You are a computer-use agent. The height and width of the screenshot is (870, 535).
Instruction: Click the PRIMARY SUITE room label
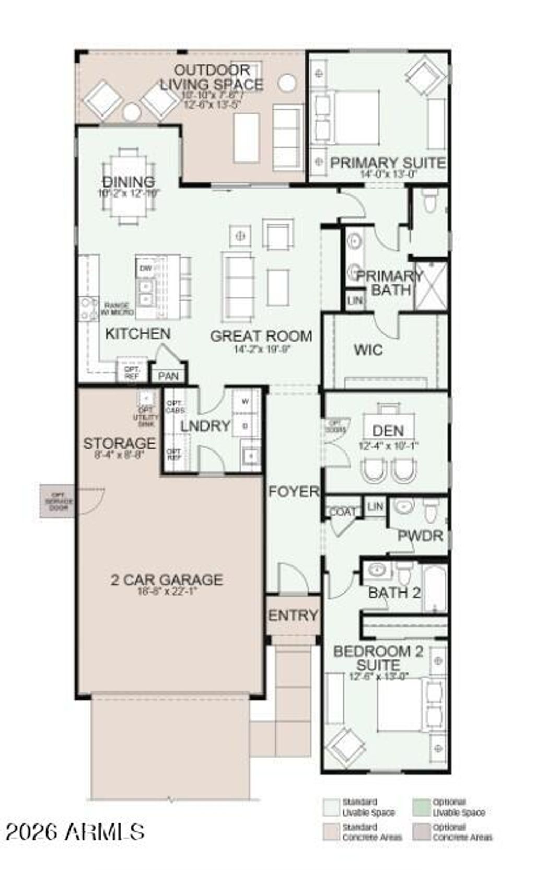388,163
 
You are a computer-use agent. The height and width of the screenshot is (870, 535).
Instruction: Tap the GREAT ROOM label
261,336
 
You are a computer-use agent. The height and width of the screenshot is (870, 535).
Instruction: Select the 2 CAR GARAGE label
167,579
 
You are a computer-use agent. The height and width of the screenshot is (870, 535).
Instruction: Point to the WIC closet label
368,350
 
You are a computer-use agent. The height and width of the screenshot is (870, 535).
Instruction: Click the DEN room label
388,431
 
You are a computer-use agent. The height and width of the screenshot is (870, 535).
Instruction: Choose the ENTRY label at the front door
293,615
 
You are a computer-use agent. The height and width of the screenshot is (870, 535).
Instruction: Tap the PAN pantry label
168,376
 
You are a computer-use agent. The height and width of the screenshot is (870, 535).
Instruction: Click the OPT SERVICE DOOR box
58,501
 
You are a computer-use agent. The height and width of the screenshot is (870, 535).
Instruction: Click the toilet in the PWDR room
430,511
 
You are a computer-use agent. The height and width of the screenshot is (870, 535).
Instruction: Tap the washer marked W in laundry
245,402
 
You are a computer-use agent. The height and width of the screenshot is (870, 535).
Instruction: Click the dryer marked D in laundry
245,426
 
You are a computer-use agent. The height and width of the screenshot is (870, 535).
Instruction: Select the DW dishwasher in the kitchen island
146,268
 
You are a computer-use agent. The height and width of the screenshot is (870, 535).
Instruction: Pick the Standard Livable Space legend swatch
331,807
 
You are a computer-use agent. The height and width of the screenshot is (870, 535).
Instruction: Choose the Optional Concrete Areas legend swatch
421,832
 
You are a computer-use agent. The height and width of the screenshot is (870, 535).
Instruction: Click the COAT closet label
343,512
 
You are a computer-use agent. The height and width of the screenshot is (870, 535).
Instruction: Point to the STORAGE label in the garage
120,443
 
